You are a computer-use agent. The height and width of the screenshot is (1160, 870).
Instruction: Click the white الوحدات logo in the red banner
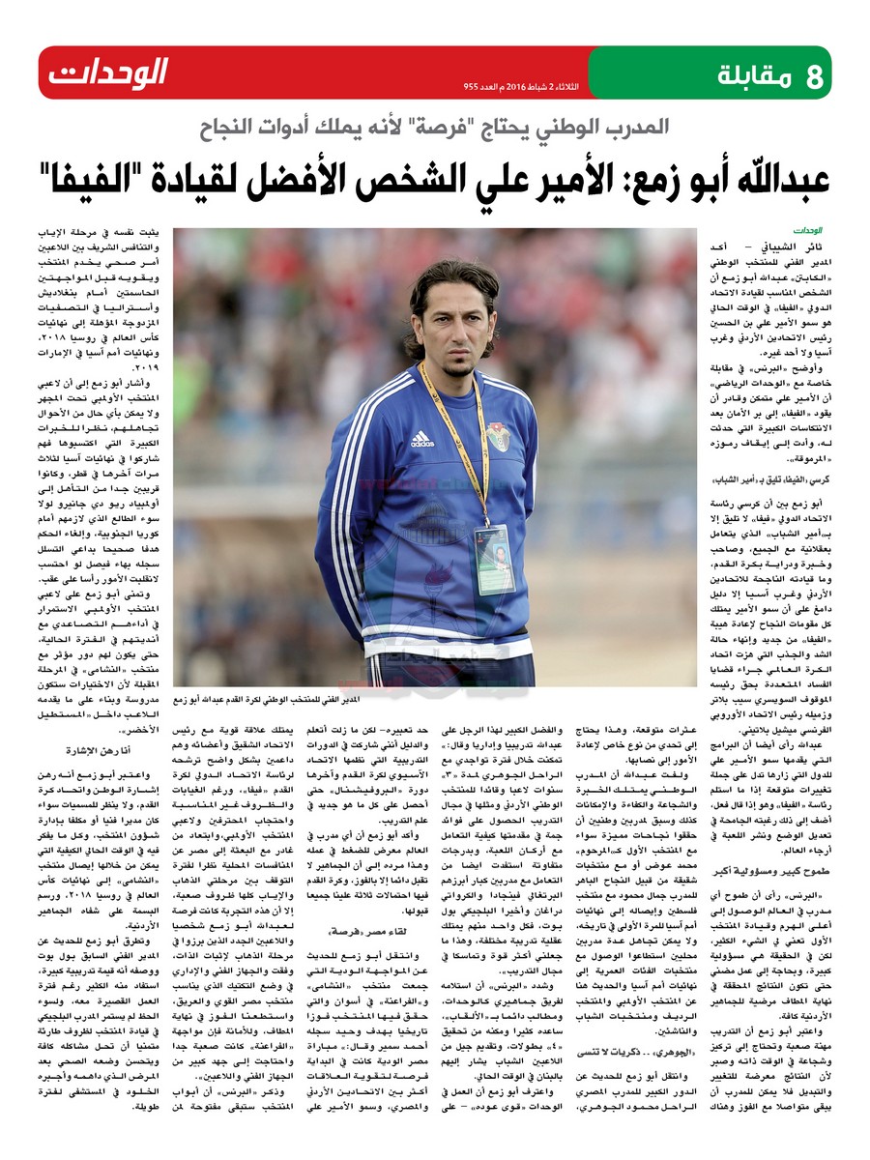(108, 72)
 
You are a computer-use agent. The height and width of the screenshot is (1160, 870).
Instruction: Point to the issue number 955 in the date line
(474, 87)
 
